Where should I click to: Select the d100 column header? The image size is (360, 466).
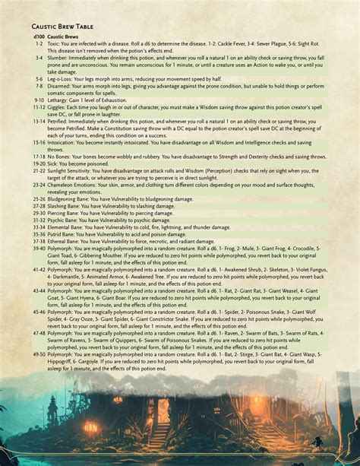pos(39,37)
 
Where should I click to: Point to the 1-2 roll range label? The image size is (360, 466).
pos(39,44)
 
